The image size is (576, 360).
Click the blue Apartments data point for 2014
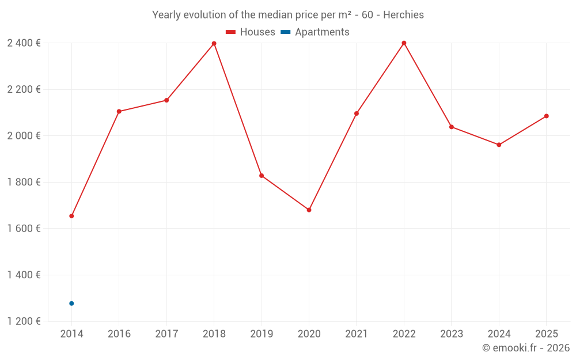tap(71, 304)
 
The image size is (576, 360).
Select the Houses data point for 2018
tap(214, 44)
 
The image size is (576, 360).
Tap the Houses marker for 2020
tap(309, 210)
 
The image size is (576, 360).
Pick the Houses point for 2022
tap(404, 43)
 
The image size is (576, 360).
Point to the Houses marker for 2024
tap(499, 145)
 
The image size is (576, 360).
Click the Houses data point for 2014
tap(71, 216)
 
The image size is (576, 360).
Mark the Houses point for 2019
tap(262, 176)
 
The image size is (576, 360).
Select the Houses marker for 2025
tap(547, 116)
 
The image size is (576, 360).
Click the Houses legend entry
tap(250, 32)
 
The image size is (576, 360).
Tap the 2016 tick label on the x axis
tap(119, 334)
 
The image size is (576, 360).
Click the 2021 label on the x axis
tap(357, 334)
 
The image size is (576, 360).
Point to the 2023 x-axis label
tap(452, 334)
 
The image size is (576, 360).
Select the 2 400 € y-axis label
tap(24, 43)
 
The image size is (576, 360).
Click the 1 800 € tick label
tap(24, 182)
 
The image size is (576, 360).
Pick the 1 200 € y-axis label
tap(24, 321)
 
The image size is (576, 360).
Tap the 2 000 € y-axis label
tap(24, 136)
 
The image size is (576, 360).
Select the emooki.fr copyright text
tap(525, 348)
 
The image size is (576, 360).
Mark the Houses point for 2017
tap(166, 100)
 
